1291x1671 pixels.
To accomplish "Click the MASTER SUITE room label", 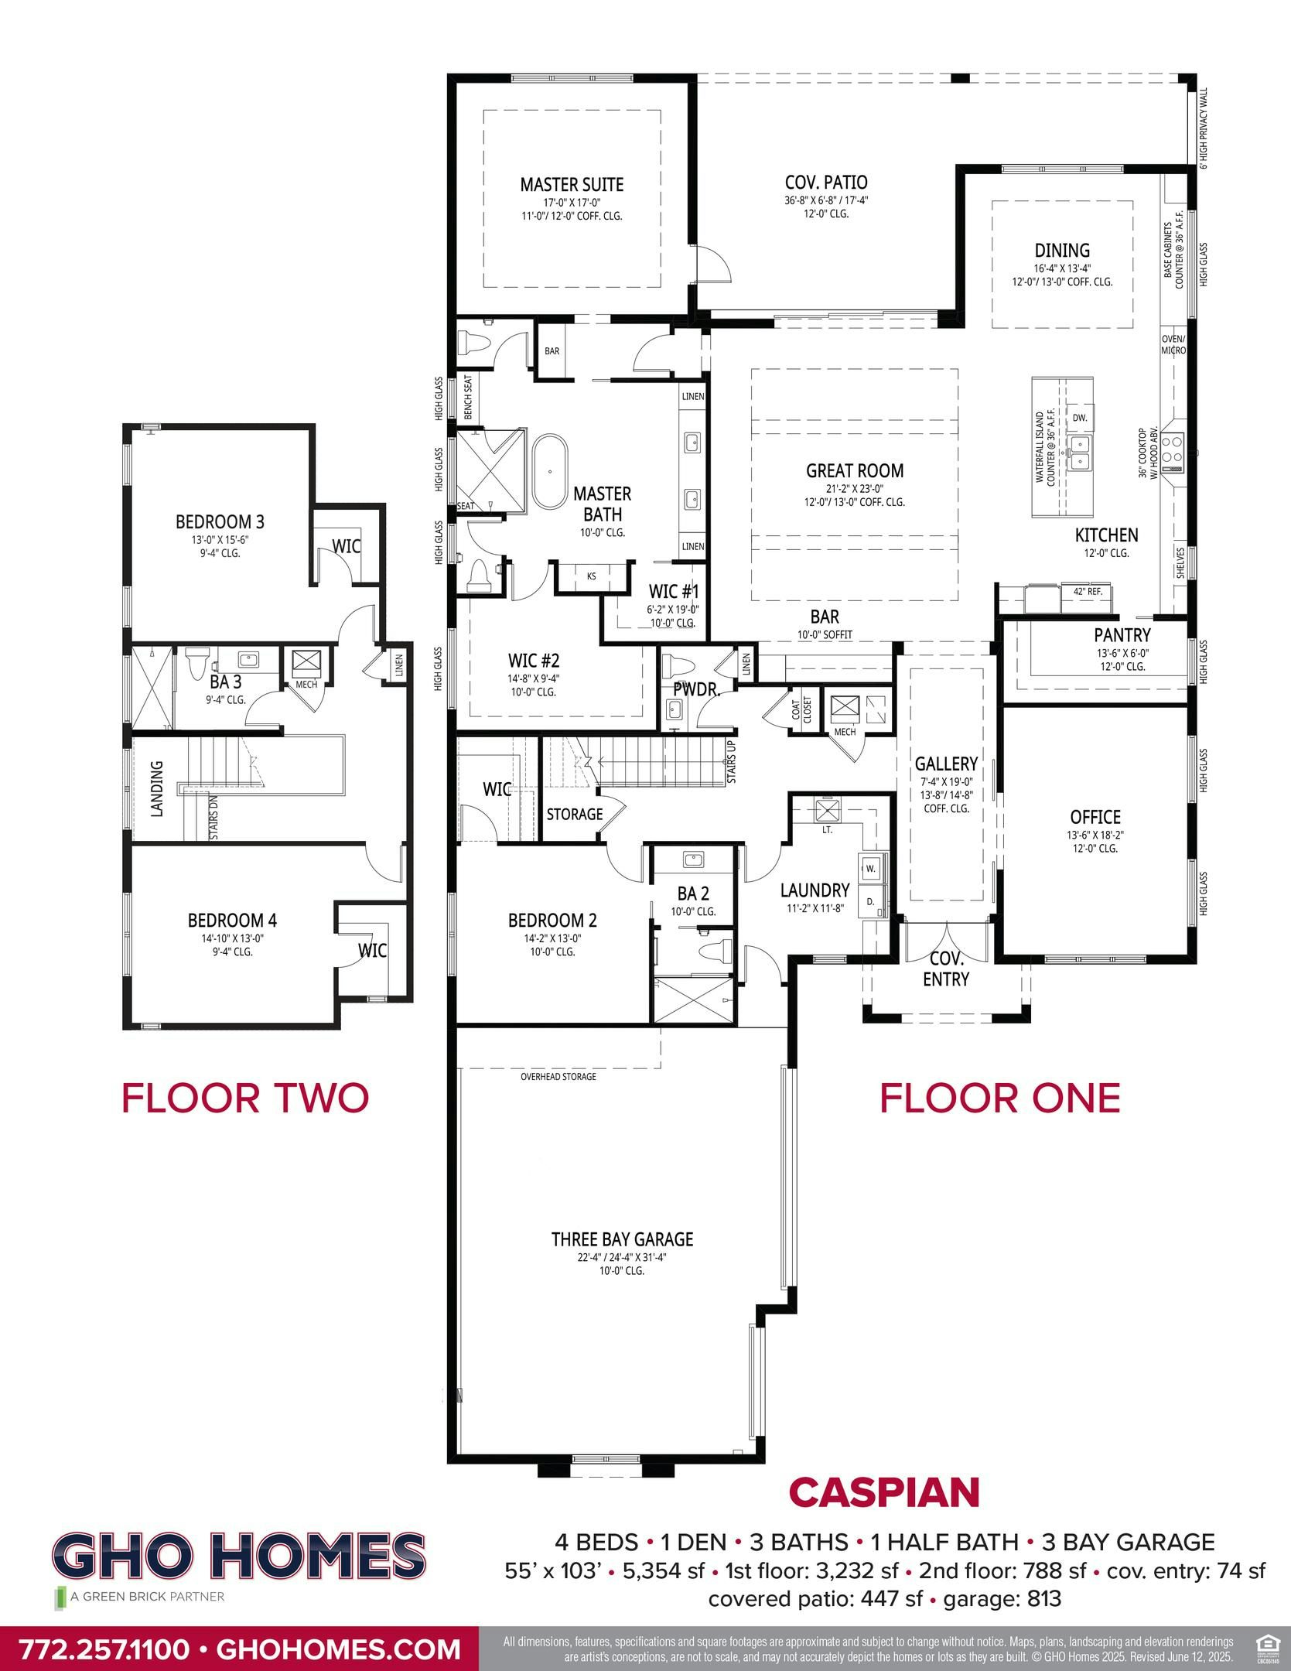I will click(x=571, y=185).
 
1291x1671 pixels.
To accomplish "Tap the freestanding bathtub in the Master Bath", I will click(x=549, y=472).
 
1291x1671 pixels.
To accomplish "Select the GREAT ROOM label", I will click(x=854, y=470).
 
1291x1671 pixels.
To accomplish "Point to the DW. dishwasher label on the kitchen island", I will click(x=1080, y=418).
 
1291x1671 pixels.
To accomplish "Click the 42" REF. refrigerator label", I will click(x=1087, y=591).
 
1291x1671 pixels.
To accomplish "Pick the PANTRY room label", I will click(x=1122, y=635).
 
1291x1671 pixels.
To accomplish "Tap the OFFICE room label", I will click(x=1095, y=817).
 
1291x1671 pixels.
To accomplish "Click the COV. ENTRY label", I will click(x=945, y=969).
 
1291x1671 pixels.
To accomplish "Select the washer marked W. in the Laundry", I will click(x=870, y=868).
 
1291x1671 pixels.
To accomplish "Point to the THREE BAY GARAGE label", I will click(x=622, y=1239).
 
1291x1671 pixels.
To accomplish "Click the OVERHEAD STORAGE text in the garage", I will click(x=558, y=1077).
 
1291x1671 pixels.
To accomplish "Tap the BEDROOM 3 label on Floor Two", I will click(x=220, y=522).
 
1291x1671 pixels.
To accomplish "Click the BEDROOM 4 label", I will click(x=232, y=921).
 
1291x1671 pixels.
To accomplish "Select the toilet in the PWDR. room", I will click(x=678, y=667).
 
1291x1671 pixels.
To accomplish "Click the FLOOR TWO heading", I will click(x=245, y=1098).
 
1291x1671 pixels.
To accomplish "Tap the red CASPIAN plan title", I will click(x=884, y=1493).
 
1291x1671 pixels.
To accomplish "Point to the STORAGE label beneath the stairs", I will click(x=574, y=814).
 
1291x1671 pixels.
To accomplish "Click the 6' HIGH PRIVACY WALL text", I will click(x=1203, y=128).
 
